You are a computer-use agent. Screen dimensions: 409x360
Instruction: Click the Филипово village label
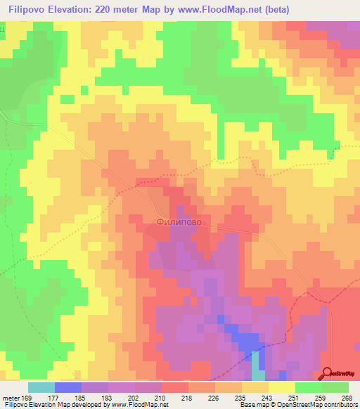point(179,221)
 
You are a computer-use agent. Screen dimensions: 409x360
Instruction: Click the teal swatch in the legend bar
point(41,387)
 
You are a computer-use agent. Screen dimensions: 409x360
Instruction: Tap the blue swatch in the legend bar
point(68,387)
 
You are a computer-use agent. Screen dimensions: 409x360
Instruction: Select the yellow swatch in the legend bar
point(282,387)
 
